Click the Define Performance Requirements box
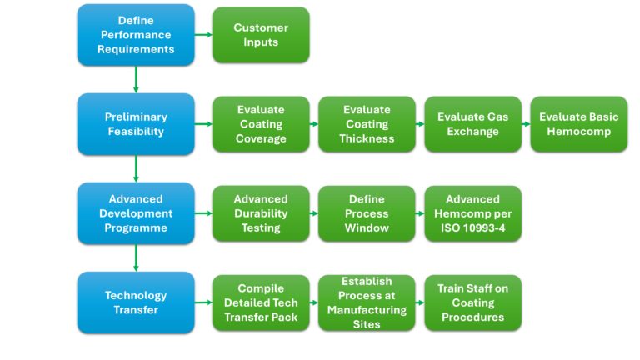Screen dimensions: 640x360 (136, 35)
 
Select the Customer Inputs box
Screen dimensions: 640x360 (261, 35)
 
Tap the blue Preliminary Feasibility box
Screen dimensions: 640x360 (136, 124)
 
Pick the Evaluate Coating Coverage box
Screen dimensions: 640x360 (261, 124)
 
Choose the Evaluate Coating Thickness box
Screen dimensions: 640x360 (367, 124)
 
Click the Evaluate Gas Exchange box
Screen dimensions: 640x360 (473, 124)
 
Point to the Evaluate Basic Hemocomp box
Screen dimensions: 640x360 (579, 124)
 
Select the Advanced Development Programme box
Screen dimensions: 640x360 (136, 213)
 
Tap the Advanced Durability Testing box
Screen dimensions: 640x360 (261, 213)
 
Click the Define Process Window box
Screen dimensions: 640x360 (367, 213)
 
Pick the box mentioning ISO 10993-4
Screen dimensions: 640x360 (473, 213)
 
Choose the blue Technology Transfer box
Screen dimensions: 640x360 (136, 302)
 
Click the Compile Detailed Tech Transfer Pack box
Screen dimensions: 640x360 (261, 302)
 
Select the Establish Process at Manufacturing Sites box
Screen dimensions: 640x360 (367, 302)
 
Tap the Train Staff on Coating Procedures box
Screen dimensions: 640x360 (473, 302)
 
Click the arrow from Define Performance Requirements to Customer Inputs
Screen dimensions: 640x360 (203, 35)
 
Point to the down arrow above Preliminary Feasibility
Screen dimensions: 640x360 (136, 80)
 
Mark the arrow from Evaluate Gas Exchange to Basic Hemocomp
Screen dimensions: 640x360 (526, 124)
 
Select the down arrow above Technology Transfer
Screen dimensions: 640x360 (136, 258)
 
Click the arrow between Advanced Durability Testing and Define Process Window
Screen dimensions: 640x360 (314, 213)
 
